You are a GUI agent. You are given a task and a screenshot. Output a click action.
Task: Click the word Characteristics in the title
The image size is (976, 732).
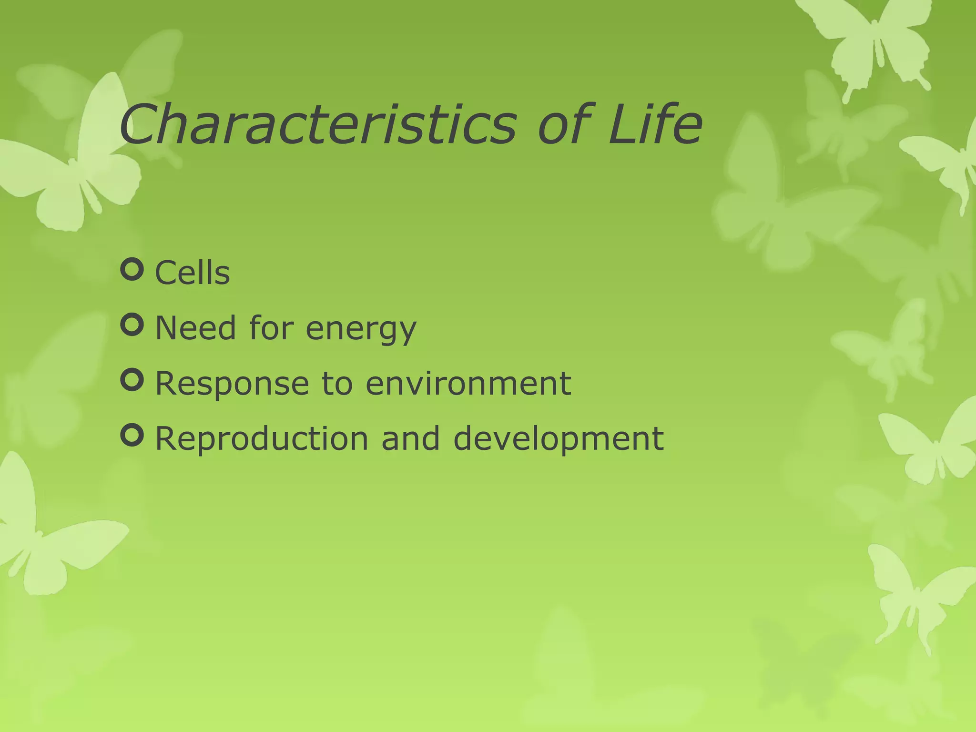point(317,125)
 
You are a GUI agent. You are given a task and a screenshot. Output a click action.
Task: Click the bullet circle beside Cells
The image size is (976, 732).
point(132,270)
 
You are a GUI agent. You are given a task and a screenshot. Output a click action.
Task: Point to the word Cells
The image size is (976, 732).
point(193,273)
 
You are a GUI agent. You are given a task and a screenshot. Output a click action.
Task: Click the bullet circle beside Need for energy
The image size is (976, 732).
point(132,325)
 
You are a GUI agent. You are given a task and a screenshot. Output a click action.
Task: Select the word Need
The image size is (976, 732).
point(196,328)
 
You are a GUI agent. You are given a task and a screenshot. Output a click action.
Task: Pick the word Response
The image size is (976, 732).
point(232,384)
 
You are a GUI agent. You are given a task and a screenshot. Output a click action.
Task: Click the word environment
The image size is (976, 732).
point(468,383)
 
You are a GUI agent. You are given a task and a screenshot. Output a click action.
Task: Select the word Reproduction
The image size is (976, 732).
point(262,439)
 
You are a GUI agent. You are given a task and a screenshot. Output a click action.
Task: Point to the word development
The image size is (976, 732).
point(558,439)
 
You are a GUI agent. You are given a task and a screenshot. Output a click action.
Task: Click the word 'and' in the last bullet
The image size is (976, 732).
point(410,438)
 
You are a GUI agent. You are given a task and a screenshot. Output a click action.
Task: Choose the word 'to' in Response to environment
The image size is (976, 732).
point(337,384)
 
